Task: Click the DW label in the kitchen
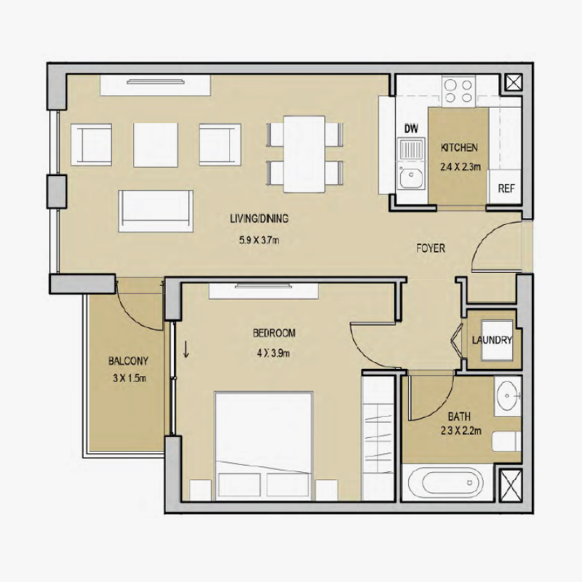click(x=412, y=129)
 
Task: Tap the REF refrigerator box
click(x=506, y=188)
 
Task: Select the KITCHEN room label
click(x=460, y=148)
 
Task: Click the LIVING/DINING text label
click(x=260, y=218)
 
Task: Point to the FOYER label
click(x=430, y=248)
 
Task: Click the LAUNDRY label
click(x=492, y=340)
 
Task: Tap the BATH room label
click(x=458, y=417)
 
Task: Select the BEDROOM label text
click(x=274, y=333)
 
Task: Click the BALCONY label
click(x=128, y=361)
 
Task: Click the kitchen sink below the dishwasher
click(x=412, y=176)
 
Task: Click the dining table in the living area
click(x=304, y=154)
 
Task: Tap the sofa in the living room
click(x=156, y=210)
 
